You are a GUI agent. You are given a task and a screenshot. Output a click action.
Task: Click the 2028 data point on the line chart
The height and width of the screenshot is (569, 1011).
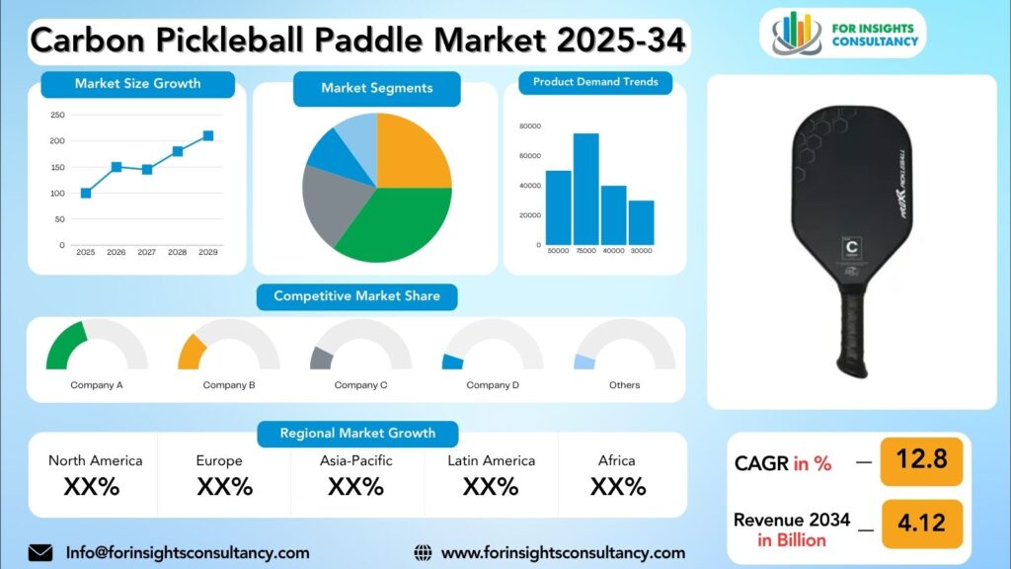tap(178, 151)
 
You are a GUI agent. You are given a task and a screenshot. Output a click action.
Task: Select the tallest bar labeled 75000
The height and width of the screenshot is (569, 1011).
tap(586, 189)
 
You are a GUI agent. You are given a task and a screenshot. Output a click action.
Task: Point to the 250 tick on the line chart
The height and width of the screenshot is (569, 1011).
tap(57, 116)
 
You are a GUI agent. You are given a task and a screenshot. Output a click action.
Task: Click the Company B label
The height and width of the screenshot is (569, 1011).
tap(229, 385)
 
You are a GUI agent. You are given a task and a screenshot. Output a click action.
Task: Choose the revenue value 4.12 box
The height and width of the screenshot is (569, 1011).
tap(921, 522)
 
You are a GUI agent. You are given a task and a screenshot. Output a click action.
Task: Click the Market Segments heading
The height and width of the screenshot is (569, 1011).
tap(376, 88)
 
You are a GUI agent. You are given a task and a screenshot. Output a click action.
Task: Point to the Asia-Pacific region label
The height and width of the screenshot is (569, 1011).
tap(355, 460)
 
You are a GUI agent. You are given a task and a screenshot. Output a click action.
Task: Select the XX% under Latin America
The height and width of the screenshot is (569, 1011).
tap(491, 486)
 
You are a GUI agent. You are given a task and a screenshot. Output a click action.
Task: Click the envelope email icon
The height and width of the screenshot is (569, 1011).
tap(40, 553)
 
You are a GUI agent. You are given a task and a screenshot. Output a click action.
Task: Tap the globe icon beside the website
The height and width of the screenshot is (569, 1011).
tap(423, 553)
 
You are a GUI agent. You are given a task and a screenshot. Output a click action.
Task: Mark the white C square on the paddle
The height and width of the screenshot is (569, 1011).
tap(850, 247)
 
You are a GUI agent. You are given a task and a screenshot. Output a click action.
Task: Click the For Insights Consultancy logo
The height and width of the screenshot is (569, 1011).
tap(845, 33)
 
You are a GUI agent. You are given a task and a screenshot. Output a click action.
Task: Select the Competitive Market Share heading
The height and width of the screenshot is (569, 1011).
tap(356, 295)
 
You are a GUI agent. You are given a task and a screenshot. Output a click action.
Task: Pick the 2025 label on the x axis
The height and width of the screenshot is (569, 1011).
tap(86, 253)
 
